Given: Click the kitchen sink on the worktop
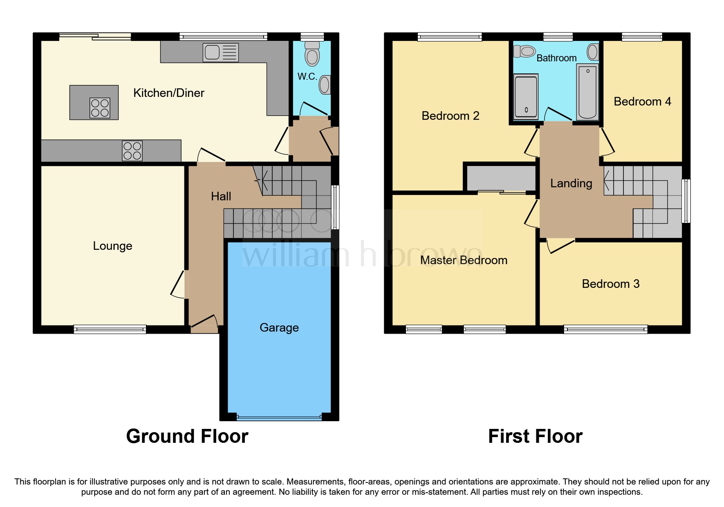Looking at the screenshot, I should coord(220,53).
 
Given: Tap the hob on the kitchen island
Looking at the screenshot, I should coord(100,108).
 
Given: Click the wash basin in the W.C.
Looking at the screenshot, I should coord(325,85).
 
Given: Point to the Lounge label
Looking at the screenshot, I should coord(112,246).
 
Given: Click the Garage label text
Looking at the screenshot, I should coord(279,328).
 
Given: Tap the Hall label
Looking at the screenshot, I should coord(221,196).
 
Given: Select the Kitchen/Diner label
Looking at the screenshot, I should coord(168,93).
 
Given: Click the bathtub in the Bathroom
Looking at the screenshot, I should coord(587,92).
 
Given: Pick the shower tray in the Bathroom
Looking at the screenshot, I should coord(525,96).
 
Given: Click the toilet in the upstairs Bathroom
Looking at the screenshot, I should coord(525,52).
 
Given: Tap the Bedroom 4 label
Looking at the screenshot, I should coord(642,101).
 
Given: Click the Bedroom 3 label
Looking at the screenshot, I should coord(610,284).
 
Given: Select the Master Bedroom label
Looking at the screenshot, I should coord(464,260).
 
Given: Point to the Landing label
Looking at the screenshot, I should coord(571,183).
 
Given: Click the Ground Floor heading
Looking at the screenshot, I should coord(187,436).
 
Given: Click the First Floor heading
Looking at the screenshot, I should coord(535,436).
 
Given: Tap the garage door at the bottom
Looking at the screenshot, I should coord(279,417).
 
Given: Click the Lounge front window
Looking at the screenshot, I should coord(110,329).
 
